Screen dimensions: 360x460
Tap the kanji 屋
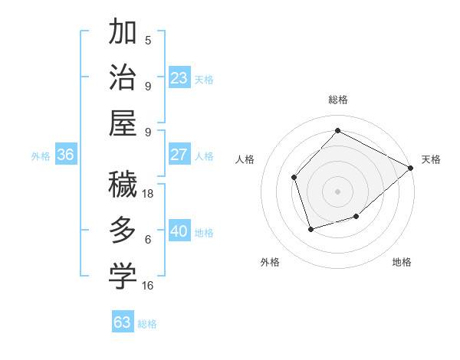pos(123,123)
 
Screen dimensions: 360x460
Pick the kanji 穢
pos(123,184)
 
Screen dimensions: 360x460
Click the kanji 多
pos(123,229)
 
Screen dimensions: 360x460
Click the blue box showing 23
pos(179,77)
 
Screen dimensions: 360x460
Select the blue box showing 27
pos(179,155)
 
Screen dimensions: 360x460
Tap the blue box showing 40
pos(179,231)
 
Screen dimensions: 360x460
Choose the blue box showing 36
pos(66,155)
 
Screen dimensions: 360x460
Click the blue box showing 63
pos(123,322)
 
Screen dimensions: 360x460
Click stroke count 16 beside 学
pos(148,285)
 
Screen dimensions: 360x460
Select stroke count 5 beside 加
pos(148,40)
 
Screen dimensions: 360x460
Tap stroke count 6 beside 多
pos(148,239)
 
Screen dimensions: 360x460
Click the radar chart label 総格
pos(338,100)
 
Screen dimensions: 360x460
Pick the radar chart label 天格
pos(431,159)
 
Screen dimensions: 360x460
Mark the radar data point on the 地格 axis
pos(356,217)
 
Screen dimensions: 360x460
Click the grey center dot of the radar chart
pos(338,191)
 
